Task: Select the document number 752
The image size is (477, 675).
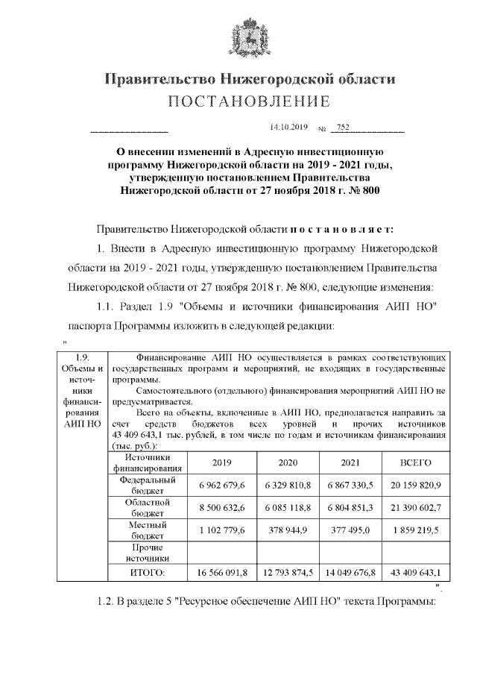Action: (x=343, y=127)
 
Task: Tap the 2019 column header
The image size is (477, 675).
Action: (x=221, y=463)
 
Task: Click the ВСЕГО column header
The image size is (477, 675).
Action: (x=415, y=463)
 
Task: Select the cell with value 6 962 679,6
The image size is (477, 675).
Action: (x=221, y=486)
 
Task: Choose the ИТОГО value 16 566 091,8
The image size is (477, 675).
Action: (x=221, y=573)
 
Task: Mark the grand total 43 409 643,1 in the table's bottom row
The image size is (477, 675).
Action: (x=415, y=573)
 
